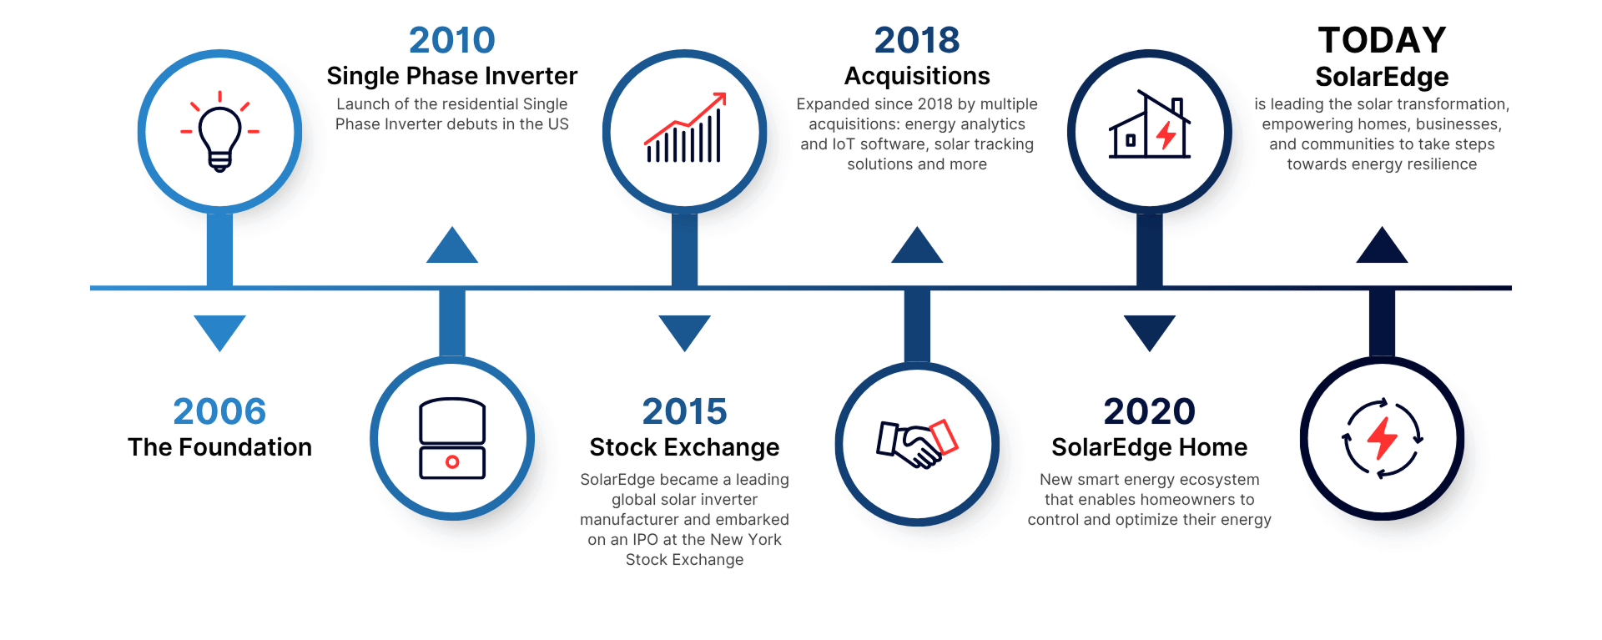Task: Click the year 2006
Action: [x=219, y=411]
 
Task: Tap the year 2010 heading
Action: [x=451, y=40]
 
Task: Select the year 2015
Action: [x=684, y=411]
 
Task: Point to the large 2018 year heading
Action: [x=916, y=40]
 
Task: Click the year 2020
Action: [x=1149, y=411]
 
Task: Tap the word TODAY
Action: [x=1382, y=40]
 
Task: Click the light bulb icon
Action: [x=219, y=132]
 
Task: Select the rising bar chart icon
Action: [x=684, y=129]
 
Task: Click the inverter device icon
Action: [x=452, y=439]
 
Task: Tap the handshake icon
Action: [x=916, y=442]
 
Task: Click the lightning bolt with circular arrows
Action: [x=1382, y=439]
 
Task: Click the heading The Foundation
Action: [x=219, y=447]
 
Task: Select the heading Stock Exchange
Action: [x=684, y=447]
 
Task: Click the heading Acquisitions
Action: [x=916, y=76]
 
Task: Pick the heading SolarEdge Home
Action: [x=1149, y=447]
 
